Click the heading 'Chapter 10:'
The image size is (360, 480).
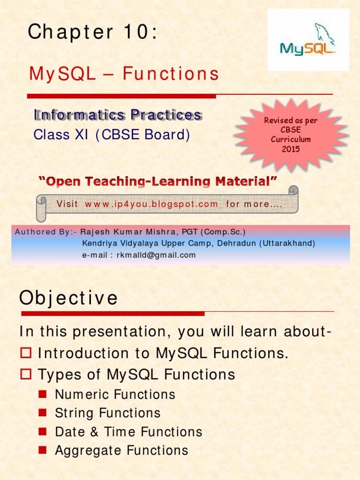[x=92, y=32]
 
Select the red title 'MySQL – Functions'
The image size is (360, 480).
[x=124, y=74]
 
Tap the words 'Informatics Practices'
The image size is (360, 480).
[x=118, y=115]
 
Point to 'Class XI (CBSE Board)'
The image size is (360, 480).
[x=112, y=135]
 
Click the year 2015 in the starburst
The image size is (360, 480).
[x=291, y=149]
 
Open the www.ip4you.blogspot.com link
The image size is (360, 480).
[x=151, y=204]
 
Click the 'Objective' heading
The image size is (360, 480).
[x=68, y=298]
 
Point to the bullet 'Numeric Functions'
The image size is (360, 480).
[x=115, y=395]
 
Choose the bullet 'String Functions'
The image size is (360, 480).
[x=108, y=413]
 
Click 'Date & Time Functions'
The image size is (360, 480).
[x=128, y=432]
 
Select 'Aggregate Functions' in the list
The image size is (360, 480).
[x=121, y=450]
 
